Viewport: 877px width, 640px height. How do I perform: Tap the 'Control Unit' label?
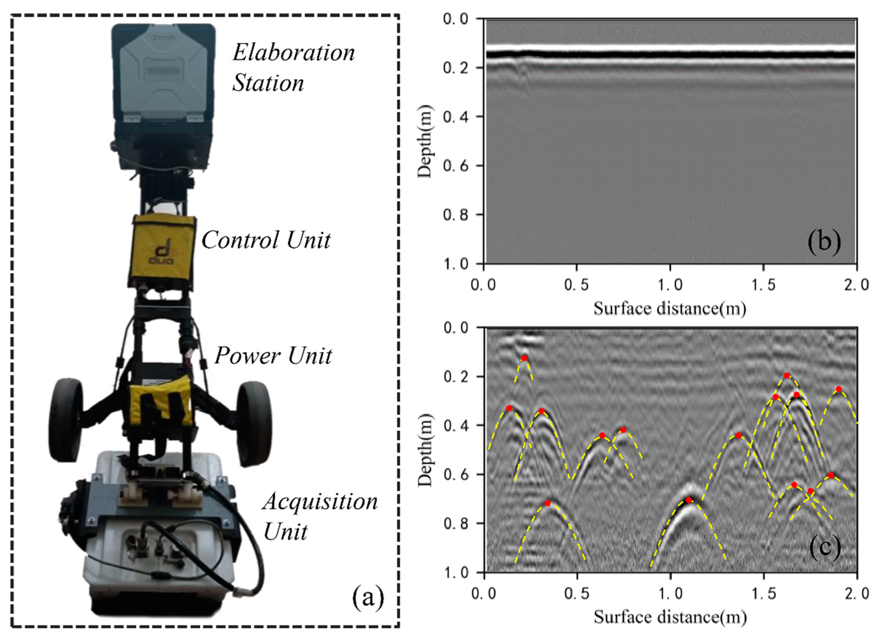coord(266,240)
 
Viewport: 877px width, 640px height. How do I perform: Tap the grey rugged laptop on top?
coord(163,73)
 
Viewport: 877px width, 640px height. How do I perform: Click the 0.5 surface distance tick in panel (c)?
coord(577,594)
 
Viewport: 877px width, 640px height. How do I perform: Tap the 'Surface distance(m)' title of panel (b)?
coord(670,308)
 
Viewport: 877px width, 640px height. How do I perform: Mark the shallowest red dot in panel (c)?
coord(524,358)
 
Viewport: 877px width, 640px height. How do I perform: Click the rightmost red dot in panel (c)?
coord(839,389)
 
